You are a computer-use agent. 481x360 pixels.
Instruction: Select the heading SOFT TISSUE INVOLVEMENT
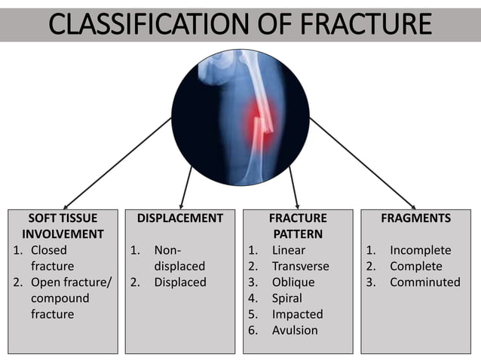[x=63, y=226]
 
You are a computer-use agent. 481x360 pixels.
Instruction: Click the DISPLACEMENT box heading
[x=180, y=218]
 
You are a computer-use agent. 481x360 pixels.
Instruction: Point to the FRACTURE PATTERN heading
[x=298, y=226]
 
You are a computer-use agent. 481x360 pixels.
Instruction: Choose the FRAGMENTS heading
[x=415, y=218]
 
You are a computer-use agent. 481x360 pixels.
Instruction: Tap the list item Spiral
[x=287, y=298]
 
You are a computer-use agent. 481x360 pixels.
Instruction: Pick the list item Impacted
[x=297, y=314]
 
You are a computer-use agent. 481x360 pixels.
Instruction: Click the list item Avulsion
[x=295, y=330]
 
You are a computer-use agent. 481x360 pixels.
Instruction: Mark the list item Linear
[x=289, y=251]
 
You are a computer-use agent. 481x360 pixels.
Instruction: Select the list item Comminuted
[x=424, y=282]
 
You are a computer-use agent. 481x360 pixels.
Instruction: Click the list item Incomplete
[x=420, y=251]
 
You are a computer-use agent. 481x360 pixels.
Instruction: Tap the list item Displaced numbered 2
[x=179, y=282]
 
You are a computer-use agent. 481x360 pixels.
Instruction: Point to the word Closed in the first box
[x=49, y=251]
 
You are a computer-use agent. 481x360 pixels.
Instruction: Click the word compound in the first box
[x=60, y=298]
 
